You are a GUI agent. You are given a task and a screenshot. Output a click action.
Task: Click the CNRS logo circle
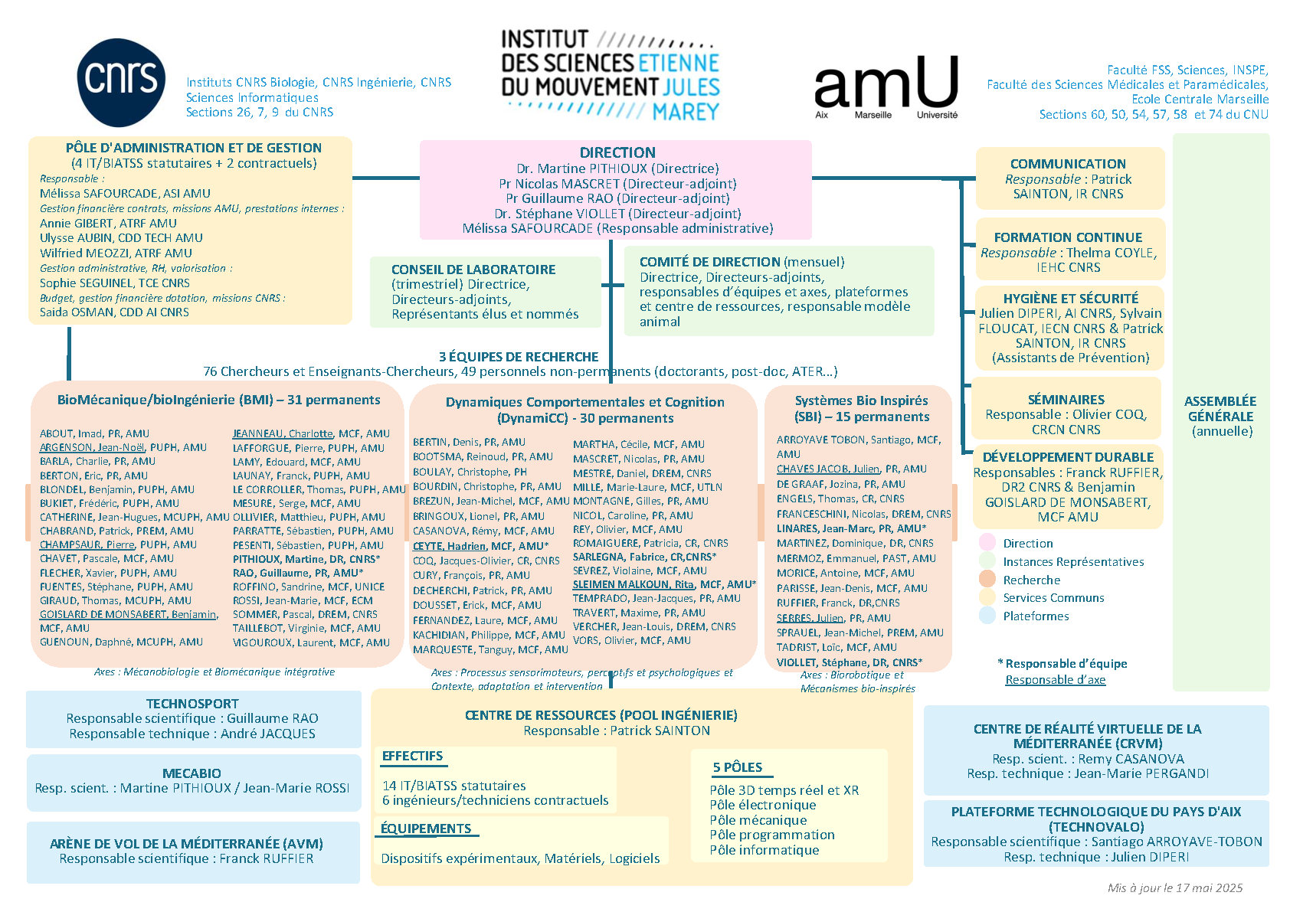pos(121,83)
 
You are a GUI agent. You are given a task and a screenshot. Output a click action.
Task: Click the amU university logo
pos(886,87)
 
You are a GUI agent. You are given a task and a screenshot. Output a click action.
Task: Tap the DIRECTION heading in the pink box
pos(617,152)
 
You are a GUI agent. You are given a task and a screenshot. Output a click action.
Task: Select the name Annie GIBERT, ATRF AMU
pos(108,224)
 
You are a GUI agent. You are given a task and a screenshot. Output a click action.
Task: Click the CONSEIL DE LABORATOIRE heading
pos(473,270)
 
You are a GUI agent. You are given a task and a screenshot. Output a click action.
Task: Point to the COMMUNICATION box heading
pos(1068,164)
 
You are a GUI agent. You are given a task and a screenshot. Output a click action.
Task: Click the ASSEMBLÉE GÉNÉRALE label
pos(1220,409)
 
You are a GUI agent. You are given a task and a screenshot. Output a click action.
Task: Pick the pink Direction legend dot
pos(987,542)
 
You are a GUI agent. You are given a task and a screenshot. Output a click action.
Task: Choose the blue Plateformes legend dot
pos(987,615)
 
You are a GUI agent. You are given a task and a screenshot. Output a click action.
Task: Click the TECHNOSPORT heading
pos(192,704)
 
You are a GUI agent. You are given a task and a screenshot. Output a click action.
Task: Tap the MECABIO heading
pos(192,773)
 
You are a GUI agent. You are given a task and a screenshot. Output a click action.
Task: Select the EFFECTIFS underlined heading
pos(412,756)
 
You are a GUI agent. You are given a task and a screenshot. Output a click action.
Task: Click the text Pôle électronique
pos(763,805)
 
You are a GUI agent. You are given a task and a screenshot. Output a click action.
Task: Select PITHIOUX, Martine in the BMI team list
pos(270,559)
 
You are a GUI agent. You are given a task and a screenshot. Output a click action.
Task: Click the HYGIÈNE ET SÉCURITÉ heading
pos(1071,299)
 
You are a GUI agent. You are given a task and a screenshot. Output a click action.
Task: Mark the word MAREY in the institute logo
pos(686,112)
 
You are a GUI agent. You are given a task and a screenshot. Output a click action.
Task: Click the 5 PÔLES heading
pos(737,767)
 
